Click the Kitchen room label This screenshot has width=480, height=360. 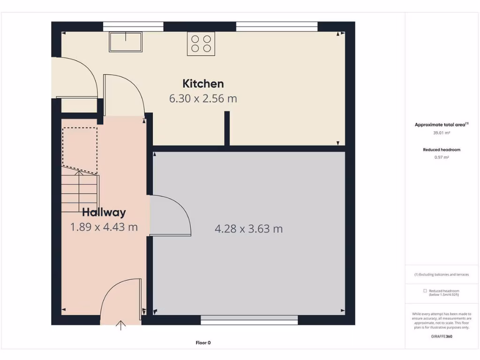pyautogui.click(x=203, y=84)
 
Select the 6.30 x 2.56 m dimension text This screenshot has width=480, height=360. pyautogui.click(x=203, y=99)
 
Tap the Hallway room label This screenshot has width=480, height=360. pyautogui.click(x=104, y=212)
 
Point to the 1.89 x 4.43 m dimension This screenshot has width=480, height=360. pyautogui.click(x=104, y=227)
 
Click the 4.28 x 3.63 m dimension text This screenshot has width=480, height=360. pyautogui.click(x=248, y=229)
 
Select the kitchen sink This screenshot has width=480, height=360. pyautogui.click(x=126, y=42)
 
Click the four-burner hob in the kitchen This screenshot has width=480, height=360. pyautogui.click(x=201, y=44)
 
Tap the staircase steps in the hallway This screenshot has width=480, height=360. pyautogui.click(x=80, y=192)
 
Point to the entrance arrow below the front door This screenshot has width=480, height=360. pyautogui.click(x=121, y=325)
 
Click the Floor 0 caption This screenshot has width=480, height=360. pyautogui.click(x=206, y=343)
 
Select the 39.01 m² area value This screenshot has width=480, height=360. pyautogui.click(x=441, y=133)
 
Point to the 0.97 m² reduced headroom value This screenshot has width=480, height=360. pyautogui.click(x=441, y=157)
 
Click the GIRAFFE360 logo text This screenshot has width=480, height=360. pyautogui.click(x=442, y=336)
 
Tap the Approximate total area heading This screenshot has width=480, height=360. pyautogui.click(x=441, y=125)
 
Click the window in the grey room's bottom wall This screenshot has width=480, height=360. pyautogui.click(x=249, y=320)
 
